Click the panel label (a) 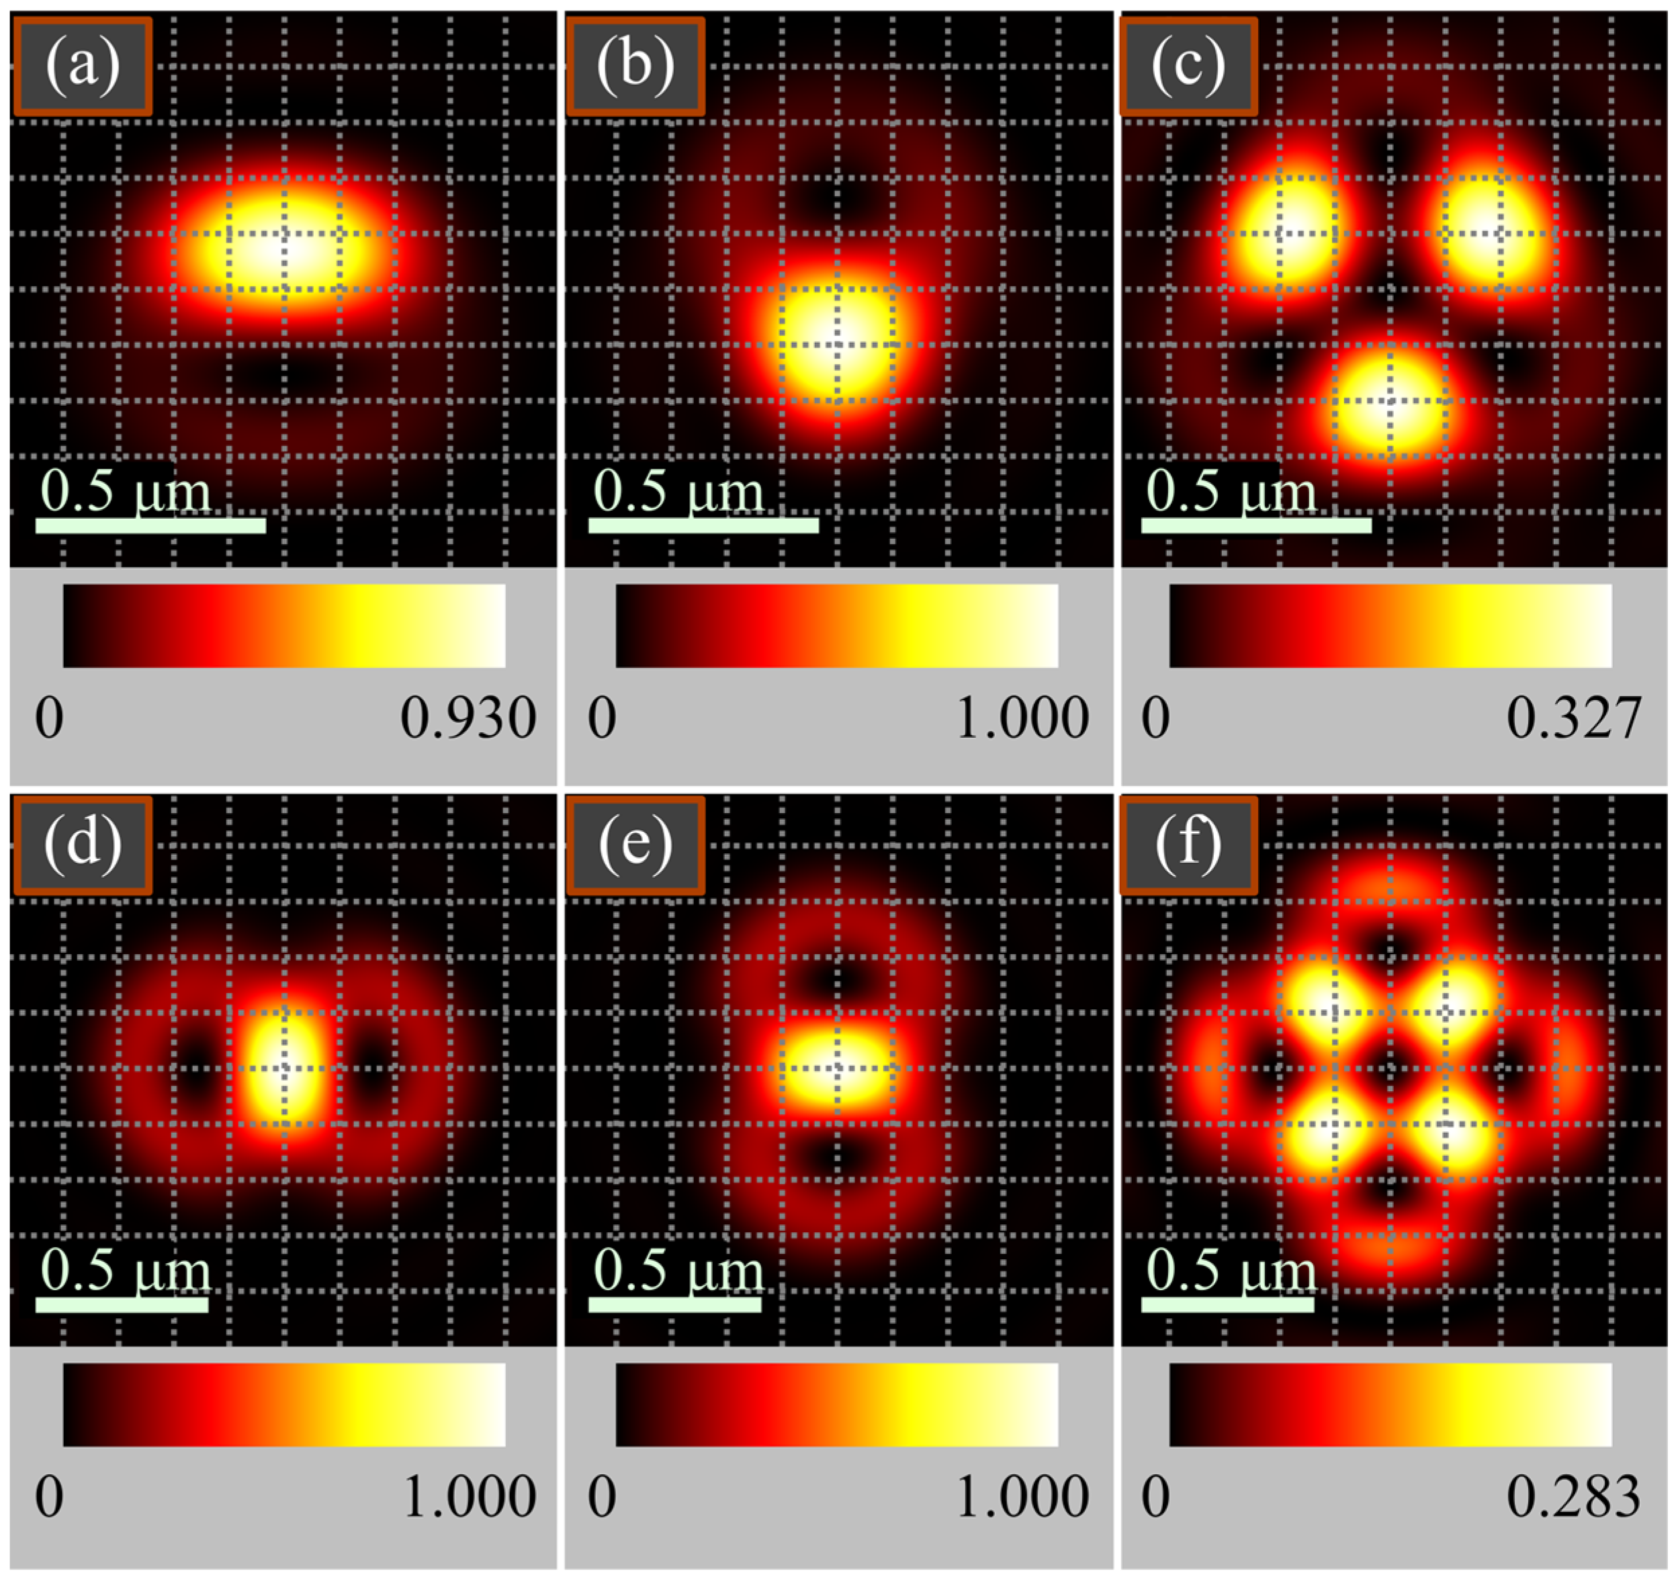[x=83, y=66]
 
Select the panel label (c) [x=1188, y=66]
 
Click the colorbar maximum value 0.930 [x=468, y=718]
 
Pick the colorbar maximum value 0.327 [x=1574, y=718]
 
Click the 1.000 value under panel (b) [x=1021, y=718]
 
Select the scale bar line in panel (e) [x=674, y=1305]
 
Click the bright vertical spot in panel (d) [x=283, y=1068]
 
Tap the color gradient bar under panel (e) [x=836, y=1404]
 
